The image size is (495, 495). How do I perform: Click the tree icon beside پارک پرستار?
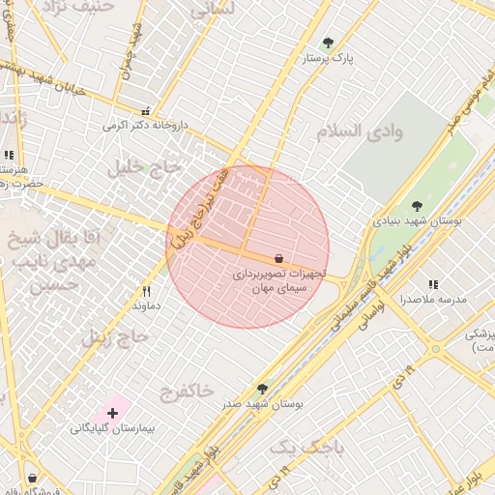point(328,44)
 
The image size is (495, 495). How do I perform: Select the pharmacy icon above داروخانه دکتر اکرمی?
point(146,111)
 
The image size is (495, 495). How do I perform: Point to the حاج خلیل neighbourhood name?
point(146,167)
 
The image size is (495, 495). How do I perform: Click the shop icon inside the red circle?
point(279,259)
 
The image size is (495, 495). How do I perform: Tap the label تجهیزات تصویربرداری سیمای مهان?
point(279,280)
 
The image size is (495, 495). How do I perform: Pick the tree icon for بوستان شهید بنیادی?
point(417,206)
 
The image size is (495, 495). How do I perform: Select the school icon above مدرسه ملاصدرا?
point(433,285)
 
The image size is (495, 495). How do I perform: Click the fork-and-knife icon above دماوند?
point(147,290)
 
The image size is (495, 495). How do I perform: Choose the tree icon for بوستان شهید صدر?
point(262,389)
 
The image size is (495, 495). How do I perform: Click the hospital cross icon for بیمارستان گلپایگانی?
point(113,413)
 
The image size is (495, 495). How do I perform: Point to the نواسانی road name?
point(364,316)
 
